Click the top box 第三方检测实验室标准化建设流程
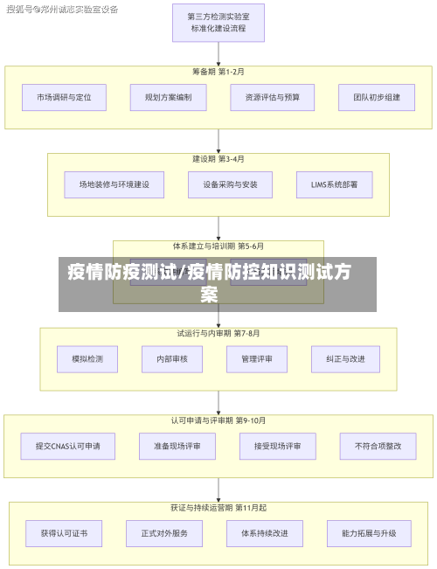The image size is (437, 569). (x=218, y=23)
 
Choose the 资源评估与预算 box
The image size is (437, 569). (x=272, y=97)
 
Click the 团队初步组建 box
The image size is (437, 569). (x=376, y=97)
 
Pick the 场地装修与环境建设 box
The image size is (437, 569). (x=108, y=184)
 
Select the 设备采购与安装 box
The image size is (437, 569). (x=218, y=184)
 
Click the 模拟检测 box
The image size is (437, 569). (x=87, y=358)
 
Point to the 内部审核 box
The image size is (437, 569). (x=171, y=358)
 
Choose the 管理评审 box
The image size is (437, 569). (x=256, y=358)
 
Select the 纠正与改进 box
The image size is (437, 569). (x=345, y=358)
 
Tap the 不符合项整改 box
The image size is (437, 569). (x=378, y=446)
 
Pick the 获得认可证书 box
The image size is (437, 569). (x=64, y=532)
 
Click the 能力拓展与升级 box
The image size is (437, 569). (x=369, y=532)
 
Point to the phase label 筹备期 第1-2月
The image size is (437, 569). (x=218, y=72)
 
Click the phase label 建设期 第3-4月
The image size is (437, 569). (x=218, y=159)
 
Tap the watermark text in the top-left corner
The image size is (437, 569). (x=62, y=9)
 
